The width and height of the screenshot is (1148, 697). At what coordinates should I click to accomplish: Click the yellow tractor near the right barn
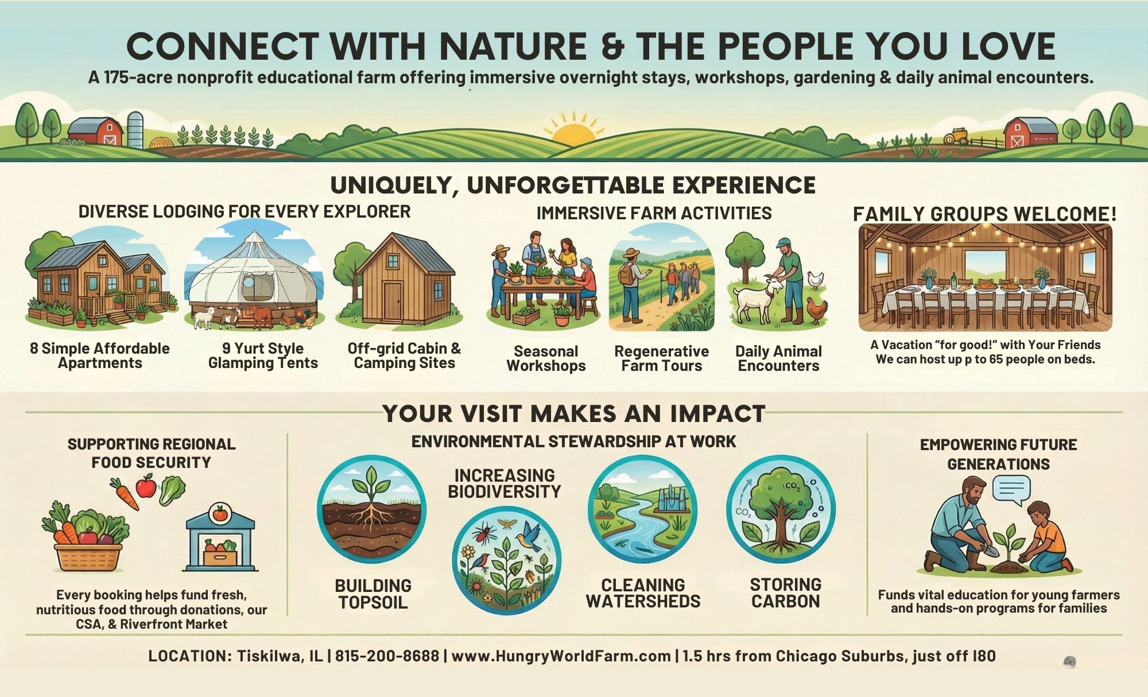coord(956,136)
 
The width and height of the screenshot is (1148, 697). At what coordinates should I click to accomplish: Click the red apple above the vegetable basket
coord(146,486)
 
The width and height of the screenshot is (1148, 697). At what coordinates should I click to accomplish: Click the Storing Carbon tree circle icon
coord(781,509)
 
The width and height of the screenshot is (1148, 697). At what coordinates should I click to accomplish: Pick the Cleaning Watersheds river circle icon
coord(642,509)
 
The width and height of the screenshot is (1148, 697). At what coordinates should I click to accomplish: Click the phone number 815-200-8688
coord(387,656)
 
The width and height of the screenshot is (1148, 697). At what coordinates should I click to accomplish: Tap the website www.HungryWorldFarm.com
coord(561,656)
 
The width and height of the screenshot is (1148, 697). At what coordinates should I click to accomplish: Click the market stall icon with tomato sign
coord(220,537)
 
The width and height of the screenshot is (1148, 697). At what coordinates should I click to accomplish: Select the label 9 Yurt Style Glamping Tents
coord(263,355)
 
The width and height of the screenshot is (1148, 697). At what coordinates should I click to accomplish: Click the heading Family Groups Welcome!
coord(985,214)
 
